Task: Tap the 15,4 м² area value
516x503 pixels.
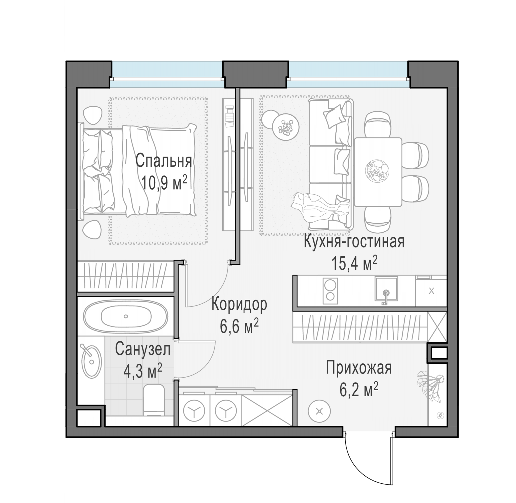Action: point(354,263)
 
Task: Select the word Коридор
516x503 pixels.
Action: point(239,304)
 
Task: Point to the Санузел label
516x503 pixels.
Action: point(143,349)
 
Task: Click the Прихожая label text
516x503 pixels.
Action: point(359,368)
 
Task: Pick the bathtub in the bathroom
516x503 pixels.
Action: point(125,316)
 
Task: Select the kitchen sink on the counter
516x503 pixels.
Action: point(386,288)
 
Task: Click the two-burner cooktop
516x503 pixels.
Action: point(330,291)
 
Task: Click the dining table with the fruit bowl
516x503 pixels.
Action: point(378,172)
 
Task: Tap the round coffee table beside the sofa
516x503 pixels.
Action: point(286,127)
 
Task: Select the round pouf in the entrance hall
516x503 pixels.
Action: point(319,411)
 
